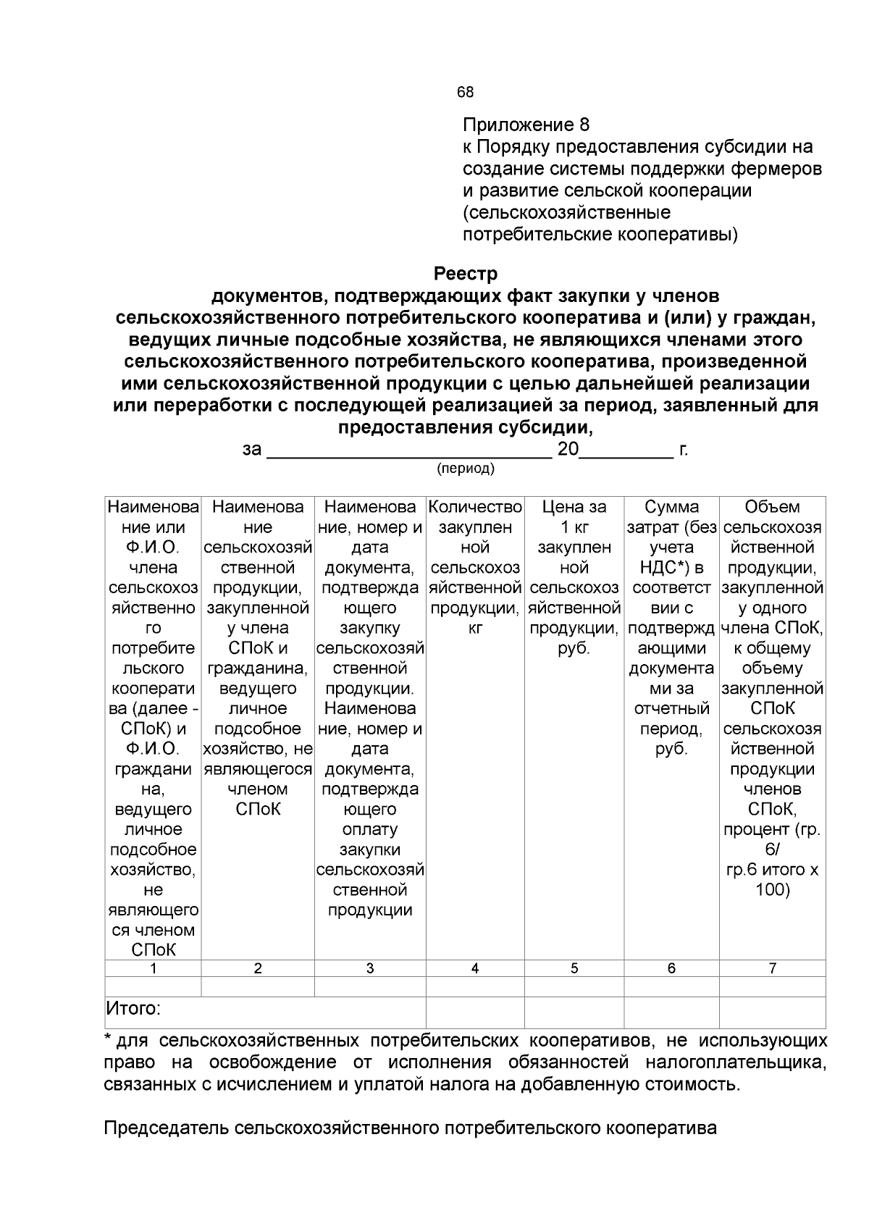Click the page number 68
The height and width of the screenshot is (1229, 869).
pos(465,93)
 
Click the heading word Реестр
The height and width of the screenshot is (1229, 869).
pos(466,274)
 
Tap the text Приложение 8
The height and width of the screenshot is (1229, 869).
pos(526,125)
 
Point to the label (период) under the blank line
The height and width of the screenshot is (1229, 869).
pos(466,469)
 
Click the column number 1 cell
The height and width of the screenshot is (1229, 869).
pos(153,968)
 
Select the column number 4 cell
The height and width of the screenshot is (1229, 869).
pos(474,968)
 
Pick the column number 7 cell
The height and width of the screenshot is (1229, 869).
pos(772,968)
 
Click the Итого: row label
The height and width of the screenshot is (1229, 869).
pos(133,1008)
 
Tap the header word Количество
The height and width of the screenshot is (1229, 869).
pos(475,507)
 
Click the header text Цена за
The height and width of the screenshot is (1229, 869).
pos(574,507)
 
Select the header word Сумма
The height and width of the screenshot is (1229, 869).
pos(671,507)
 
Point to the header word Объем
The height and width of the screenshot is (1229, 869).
pos(772,507)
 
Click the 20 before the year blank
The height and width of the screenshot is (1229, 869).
pos(568,450)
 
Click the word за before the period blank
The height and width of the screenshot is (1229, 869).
pos(251,450)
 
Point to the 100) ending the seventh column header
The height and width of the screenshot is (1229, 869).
pos(772,889)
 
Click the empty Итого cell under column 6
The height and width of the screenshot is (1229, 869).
pos(671,1012)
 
